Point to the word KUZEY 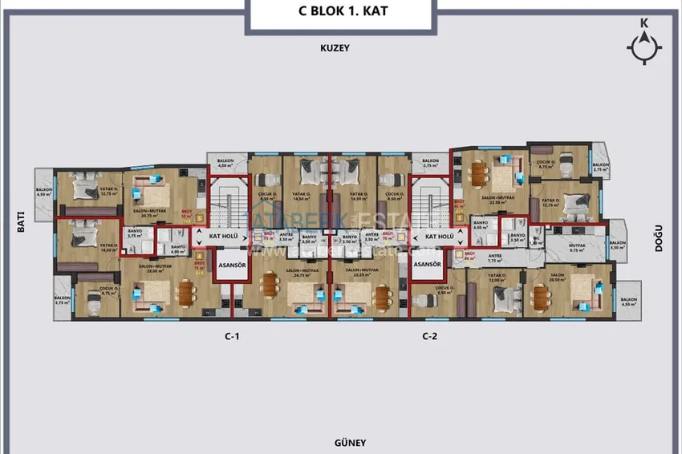click(x=335, y=48)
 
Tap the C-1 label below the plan click(x=233, y=337)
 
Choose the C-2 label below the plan click(x=429, y=337)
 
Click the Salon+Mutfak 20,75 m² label click(x=149, y=213)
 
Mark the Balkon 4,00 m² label click(x=225, y=164)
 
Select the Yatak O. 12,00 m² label click(x=499, y=278)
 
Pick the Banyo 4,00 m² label click(x=178, y=249)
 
